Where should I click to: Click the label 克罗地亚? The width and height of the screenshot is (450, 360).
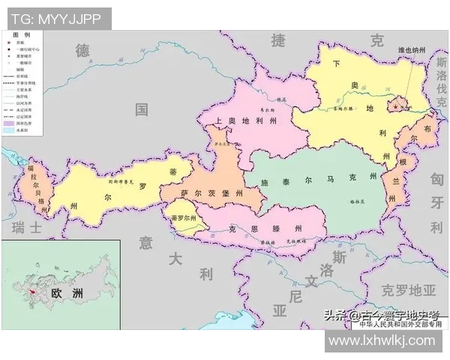point(407,289)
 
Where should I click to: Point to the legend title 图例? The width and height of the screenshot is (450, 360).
point(22,35)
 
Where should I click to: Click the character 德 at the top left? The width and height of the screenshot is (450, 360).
point(82,50)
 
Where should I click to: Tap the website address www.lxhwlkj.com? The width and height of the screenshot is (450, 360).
point(382,340)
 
